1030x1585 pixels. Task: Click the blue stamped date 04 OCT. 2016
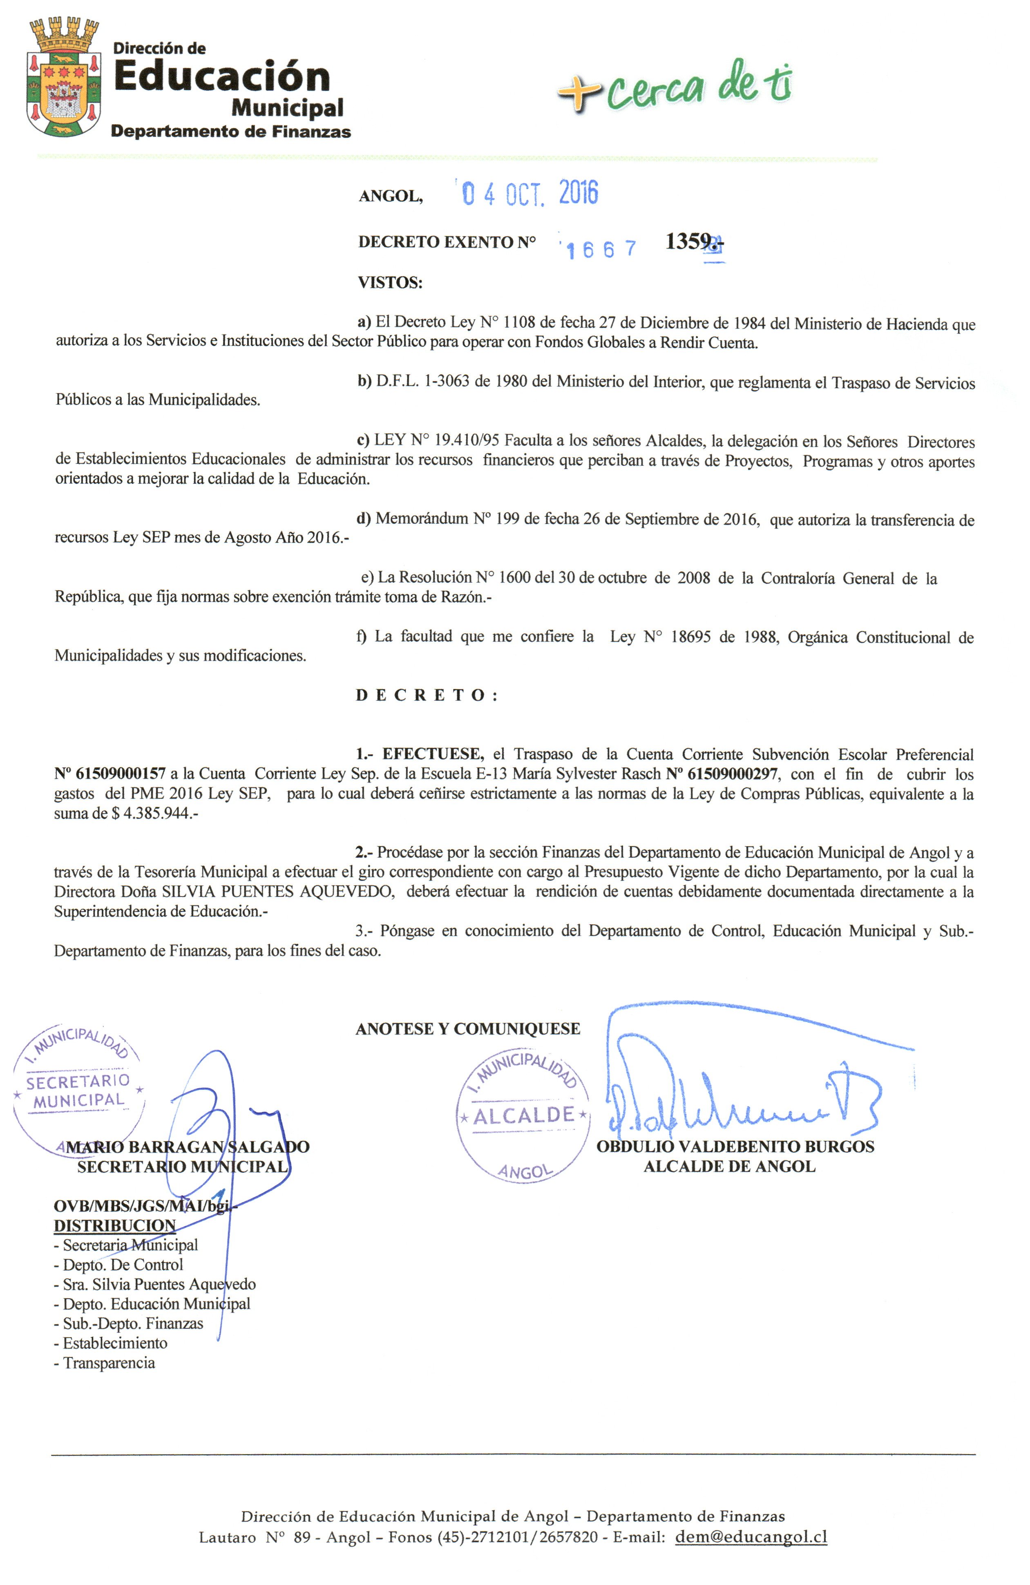530,193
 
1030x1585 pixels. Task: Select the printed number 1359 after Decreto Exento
687,241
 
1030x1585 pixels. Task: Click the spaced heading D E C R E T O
426,695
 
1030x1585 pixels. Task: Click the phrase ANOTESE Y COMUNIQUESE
467,1029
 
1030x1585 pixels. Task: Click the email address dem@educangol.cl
751,1536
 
